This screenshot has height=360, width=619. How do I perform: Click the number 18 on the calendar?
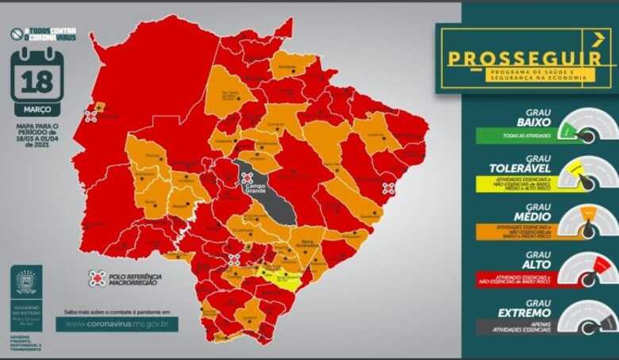37,82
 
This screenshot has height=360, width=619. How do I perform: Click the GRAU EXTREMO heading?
517,308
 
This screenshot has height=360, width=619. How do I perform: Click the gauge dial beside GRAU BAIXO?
586,127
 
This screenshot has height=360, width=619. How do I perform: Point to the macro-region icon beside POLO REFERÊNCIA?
97,278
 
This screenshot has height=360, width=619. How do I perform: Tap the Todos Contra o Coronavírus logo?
44,36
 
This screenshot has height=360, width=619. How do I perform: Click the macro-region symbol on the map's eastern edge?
388,189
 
